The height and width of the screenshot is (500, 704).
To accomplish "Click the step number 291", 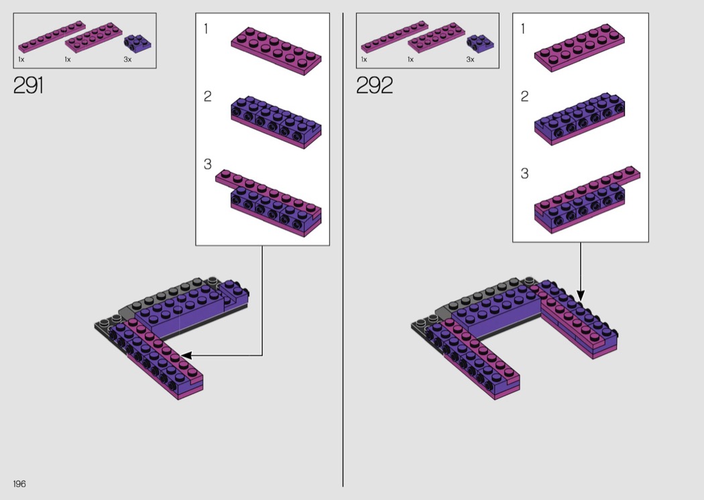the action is (28, 85).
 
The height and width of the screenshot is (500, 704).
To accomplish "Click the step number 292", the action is (374, 85).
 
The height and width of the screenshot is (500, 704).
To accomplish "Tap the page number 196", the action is (19, 483).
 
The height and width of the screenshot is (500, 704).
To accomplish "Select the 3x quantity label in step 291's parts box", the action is (127, 59).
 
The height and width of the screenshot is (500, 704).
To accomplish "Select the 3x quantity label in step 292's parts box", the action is (470, 59).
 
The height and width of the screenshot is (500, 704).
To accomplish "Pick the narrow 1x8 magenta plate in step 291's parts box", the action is (52, 36).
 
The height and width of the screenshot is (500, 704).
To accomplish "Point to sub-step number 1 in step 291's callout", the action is (206, 29).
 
